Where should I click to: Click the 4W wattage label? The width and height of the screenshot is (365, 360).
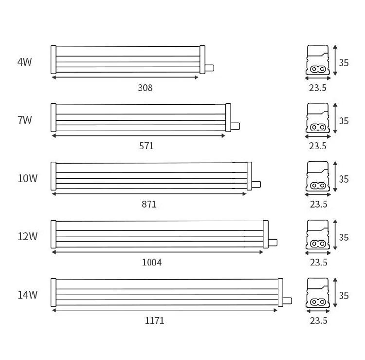25,62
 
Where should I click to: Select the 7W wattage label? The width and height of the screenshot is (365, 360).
25,120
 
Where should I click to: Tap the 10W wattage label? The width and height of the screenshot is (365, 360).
27,178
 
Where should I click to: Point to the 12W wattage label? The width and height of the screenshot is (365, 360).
27,236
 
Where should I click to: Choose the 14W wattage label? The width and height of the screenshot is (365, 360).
27,295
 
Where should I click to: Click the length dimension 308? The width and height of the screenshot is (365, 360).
145,88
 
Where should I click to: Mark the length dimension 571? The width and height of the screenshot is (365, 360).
146,146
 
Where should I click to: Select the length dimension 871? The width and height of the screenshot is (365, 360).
149,204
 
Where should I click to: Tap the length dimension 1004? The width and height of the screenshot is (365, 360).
152,263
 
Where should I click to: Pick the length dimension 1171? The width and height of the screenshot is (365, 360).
154,321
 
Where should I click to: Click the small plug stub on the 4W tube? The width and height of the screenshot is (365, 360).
209,68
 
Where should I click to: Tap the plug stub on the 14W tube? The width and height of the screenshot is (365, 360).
288,301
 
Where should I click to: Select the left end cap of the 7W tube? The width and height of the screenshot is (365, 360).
54,118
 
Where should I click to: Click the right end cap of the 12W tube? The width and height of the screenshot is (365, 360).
266,234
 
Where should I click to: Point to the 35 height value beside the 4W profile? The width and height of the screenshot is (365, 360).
344,63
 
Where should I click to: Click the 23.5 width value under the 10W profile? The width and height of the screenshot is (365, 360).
318,204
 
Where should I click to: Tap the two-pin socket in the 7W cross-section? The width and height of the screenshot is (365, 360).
318,127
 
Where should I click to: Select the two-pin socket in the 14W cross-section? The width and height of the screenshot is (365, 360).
318,302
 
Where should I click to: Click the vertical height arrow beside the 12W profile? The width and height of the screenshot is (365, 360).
335,235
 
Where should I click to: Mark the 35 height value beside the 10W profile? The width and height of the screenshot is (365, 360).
344,179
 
